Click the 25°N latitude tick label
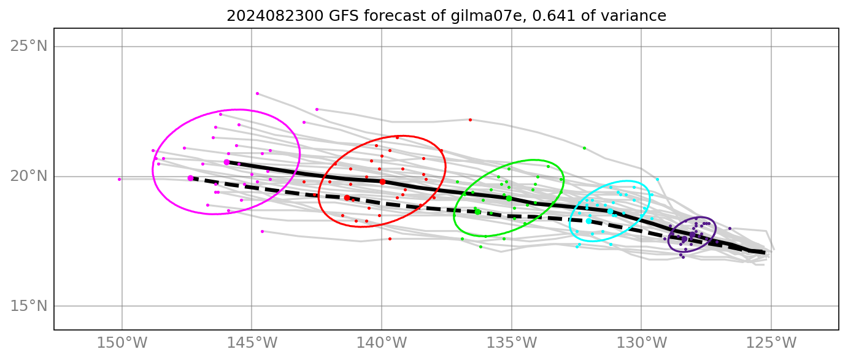click(x=29, y=47)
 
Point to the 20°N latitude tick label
click(x=29, y=177)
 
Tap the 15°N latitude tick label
click(x=29, y=306)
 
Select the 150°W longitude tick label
click(x=122, y=342)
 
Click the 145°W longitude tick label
click(x=252, y=342)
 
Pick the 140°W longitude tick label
click(x=382, y=342)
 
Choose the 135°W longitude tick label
click(x=511, y=342)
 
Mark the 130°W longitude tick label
click(x=641, y=342)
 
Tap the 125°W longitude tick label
click(x=771, y=342)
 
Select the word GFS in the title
click(x=336, y=16)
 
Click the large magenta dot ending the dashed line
click(x=191, y=178)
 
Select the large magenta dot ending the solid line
click(x=226, y=162)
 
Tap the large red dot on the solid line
click(x=382, y=182)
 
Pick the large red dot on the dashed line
click(x=347, y=197)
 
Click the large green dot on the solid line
click(x=509, y=198)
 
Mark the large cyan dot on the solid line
click(x=610, y=211)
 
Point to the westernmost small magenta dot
click(x=119, y=180)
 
